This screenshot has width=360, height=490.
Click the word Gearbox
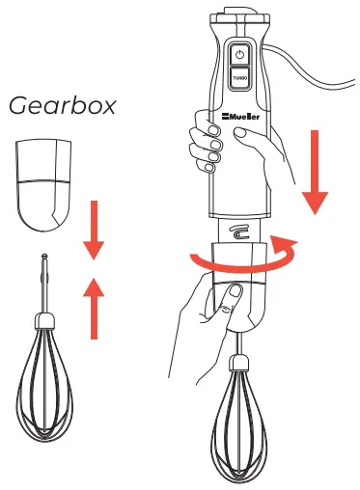click(x=62, y=105)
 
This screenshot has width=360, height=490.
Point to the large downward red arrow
click(x=315, y=174)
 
